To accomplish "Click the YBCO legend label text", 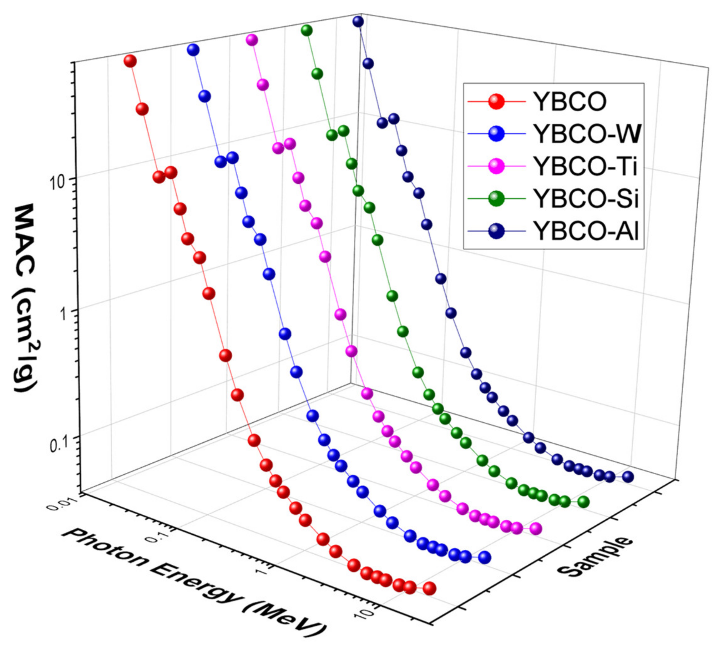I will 570,102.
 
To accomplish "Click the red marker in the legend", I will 496,102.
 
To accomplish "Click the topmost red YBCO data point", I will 130,61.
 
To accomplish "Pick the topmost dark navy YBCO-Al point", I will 358,22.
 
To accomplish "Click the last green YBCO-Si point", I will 583,502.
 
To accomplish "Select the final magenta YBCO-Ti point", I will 535,528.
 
